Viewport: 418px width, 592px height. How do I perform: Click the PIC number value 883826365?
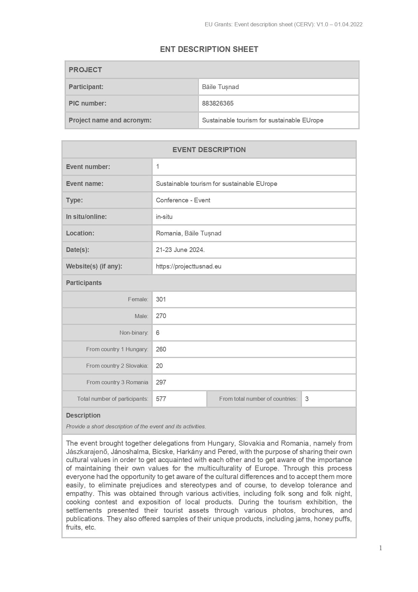218,104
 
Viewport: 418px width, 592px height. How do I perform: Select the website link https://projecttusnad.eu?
189,266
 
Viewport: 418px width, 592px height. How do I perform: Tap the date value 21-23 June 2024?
180,250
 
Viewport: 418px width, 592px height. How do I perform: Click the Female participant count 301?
161,300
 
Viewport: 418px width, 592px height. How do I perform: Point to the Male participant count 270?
161,316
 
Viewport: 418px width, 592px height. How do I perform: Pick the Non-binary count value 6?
158,333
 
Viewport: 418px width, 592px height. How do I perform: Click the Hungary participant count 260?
161,349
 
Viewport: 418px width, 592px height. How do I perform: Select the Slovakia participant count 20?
159,366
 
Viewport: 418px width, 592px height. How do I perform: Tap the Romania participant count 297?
161,383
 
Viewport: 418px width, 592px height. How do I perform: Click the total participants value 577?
161,399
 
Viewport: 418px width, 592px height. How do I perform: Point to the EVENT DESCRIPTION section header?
209,150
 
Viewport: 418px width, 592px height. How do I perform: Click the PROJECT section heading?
85,70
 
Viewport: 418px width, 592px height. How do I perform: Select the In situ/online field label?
86,217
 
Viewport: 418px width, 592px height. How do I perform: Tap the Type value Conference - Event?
183,200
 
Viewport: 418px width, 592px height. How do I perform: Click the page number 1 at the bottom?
381,548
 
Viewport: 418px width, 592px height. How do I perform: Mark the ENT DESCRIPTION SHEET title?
209,49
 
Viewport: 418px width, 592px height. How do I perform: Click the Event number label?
88,167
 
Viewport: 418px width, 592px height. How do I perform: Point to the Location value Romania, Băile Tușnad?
189,233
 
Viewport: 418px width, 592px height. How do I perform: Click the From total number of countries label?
258,399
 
